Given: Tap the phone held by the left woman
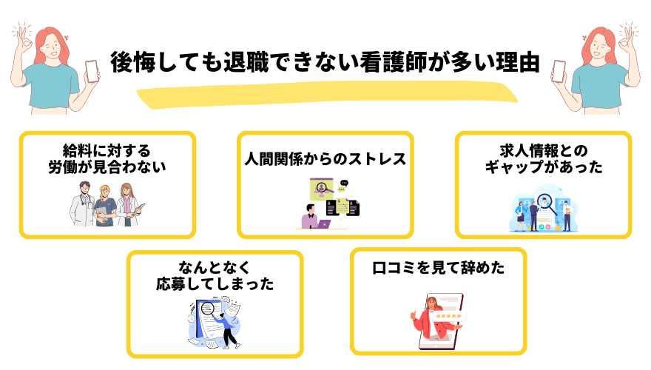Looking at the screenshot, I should pyautogui.click(x=92, y=70).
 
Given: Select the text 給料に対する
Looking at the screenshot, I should pyautogui.click(x=107, y=149).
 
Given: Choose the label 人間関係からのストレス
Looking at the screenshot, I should pyautogui.click(x=325, y=159).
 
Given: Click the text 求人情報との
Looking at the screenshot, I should pyautogui.click(x=543, y=149).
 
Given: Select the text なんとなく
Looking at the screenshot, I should pyautogui.click(x=215, y=267).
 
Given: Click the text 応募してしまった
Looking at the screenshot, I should pyautogui.click(x=215, y=284).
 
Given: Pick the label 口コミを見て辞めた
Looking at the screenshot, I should pyautogui.click(x=438, y=267).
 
